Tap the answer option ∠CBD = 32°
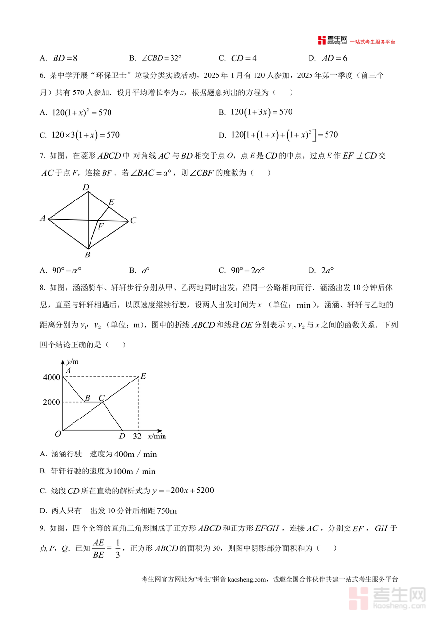pos(155,58)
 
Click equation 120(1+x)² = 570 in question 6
pos(81,112)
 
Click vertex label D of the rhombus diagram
pos(86,187)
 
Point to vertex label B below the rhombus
pos(88,255)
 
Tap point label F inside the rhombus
pos(100,226)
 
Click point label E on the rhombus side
pos(111,202)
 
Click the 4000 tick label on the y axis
pos(51,377)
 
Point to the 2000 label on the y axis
pos(51,402)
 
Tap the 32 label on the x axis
pos(137,436)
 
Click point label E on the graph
pos(143,376)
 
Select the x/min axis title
pos(157,436)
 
